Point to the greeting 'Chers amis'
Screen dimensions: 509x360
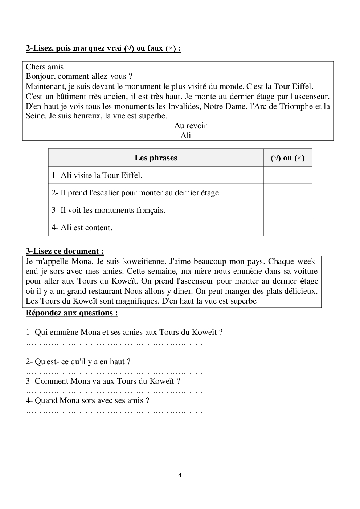(x=45, y=67)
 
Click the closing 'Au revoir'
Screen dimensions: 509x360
(x=190, y=126)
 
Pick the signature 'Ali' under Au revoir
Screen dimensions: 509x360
(x=185, y=135)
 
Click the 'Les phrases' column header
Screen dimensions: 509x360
(x=156, y=158)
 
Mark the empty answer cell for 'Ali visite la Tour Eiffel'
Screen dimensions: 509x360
(x=287, y=175)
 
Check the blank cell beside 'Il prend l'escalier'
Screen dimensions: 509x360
(x=287, y=193)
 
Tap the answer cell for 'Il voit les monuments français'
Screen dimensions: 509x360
(x=287, y=210)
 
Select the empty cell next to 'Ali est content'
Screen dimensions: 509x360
(x=287, y=228)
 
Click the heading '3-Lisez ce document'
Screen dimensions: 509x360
(x=65, y=251)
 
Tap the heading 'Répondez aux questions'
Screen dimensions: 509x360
(x=72, y=313)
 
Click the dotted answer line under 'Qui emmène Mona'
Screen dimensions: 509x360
(x=114, y=343)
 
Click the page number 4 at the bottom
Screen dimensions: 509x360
(x=180, y=475)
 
